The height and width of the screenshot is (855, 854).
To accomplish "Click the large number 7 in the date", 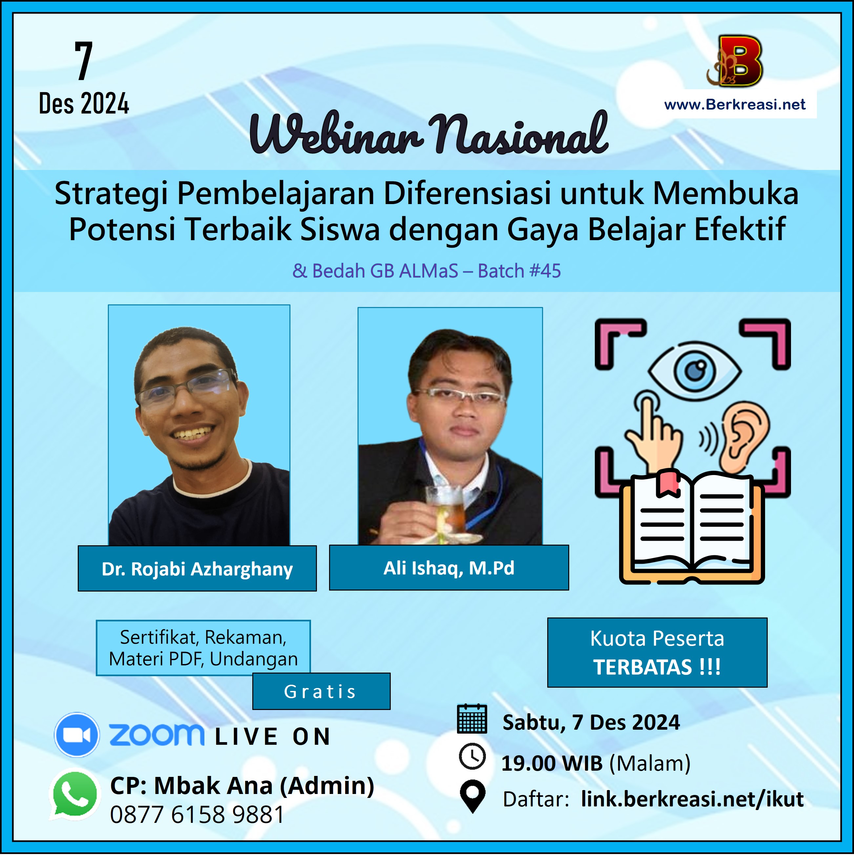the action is pos(84,61).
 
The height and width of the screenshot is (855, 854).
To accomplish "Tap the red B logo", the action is pos(735,61).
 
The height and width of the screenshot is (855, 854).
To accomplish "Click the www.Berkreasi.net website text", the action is pos(735,104).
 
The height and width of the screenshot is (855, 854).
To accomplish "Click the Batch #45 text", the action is pos(519,271).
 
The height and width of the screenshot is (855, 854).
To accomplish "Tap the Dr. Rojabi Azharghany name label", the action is pos(198,569).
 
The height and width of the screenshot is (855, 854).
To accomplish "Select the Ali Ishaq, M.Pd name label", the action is pos(449,568).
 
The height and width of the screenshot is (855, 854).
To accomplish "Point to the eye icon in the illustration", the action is pos(695,371).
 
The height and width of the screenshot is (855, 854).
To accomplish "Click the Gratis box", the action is pos(321,692).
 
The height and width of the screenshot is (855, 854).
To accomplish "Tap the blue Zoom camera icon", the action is pos(76,735).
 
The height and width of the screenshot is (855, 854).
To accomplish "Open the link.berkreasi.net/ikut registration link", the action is pos(693,799).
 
